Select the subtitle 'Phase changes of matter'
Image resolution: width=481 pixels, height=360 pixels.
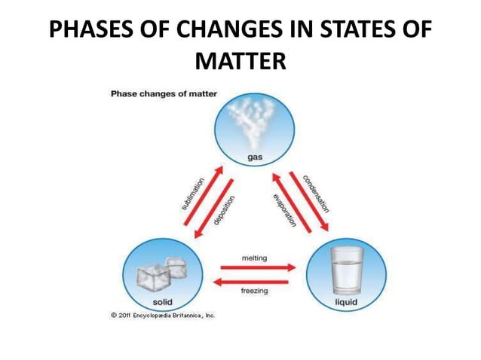164,94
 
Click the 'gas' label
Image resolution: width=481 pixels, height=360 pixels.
256,157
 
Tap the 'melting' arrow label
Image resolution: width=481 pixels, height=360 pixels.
254,258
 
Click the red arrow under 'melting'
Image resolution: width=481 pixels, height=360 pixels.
257,267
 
